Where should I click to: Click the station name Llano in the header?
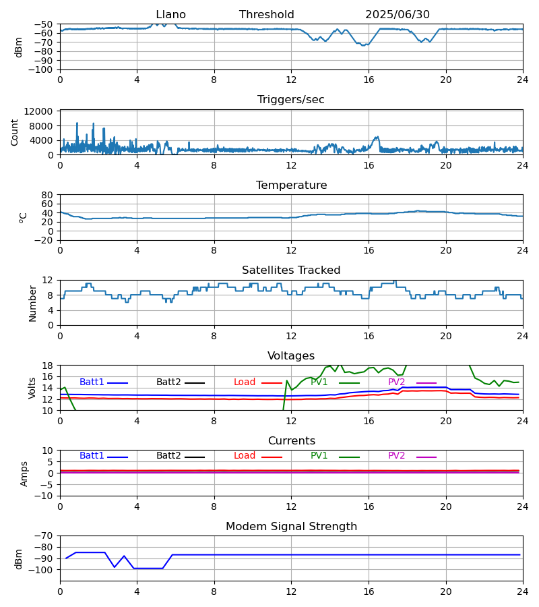pos(170,15)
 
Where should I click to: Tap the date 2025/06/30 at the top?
pos(398,15)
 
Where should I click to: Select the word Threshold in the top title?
pos(266,15)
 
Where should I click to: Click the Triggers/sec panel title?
pos(291,100)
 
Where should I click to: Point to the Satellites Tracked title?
pos(291,270)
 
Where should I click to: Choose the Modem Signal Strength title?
pos(291,527)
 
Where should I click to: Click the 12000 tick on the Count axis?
pos(42,111)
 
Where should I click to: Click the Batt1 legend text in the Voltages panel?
pos(92,382)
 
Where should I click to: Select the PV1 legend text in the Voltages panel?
pos(319,382)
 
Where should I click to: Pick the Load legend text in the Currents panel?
pos(245,456)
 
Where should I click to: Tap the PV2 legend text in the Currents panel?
pos(397,456)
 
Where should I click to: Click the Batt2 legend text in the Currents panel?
pos(168,456)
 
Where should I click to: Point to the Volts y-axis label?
pos(32,388)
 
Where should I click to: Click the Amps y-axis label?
pos(25,473)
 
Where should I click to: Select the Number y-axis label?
pos(32,303)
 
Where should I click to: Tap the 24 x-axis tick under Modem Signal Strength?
pos(523,591)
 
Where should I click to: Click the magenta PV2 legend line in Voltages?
pos(426,383)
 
